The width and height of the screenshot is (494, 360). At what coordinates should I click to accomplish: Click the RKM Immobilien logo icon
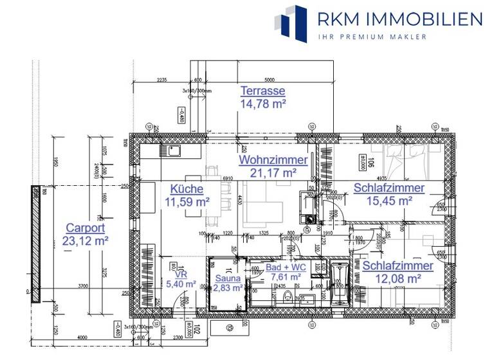pos(291,20)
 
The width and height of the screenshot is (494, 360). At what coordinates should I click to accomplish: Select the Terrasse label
pos(262,91)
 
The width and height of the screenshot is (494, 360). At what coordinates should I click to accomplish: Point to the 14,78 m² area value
pos(262,103)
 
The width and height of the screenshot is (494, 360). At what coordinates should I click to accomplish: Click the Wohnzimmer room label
pos(268,159)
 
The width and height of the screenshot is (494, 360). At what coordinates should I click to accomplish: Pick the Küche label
pos(187,189)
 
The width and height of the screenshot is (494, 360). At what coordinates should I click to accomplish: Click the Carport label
pos(86,228)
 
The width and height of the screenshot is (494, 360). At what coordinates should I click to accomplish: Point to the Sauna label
pos(228,278)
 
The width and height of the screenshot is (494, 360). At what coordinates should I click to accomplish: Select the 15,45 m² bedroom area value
pos(388,201)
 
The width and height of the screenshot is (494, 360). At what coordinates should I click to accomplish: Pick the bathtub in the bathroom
pos(340,283)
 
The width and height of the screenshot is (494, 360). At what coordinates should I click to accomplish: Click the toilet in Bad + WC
pos(288,296)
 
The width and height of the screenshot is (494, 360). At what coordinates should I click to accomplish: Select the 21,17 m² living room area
pos(268,172)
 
